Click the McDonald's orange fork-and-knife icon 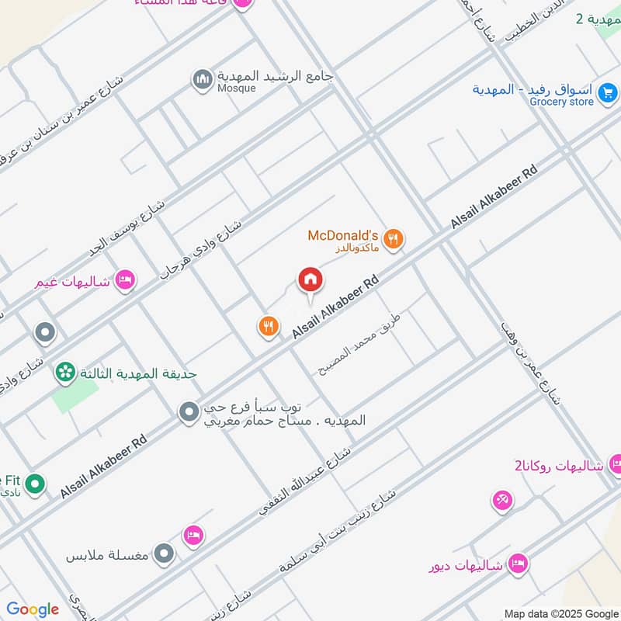pyautogui.click(x=394, y=240)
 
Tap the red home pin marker pyautogui.click(x=310, y=281)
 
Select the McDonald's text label pyautogui.click(x=342, y=235)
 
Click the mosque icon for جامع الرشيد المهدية pyautogui.click(x=203, y=80)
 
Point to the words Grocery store pyautogui.click(x=561, y=102)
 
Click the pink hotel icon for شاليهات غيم pyautogui.click(x=124, y=280)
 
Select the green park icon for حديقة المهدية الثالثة pyautogui.click(x=65, y=373)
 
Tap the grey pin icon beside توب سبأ pyautogui.click(x=189, y=412)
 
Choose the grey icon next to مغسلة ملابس pyautogui.click(x=163, y=554)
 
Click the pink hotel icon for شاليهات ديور pyautogui.click(x=518, y=564)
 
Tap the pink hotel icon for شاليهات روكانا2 pyautogui.click(x=615, y=465)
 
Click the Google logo pyautogui.click(x=32, y=609)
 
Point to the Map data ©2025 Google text pyautogui.click(x=560, y=612)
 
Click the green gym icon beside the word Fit pyautogui.click(x=33, y=485)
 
